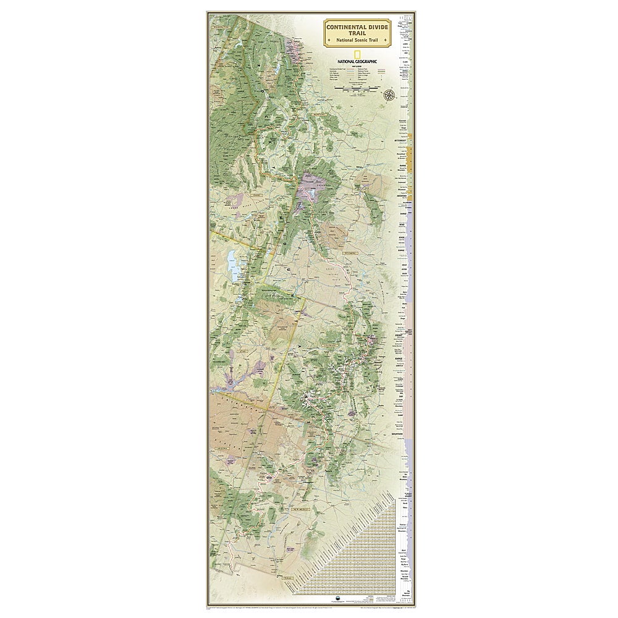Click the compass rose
click(x=390, y=95)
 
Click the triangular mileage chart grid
click(x=371, y=544)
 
